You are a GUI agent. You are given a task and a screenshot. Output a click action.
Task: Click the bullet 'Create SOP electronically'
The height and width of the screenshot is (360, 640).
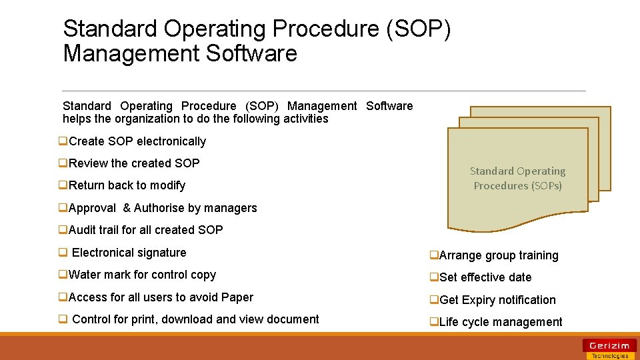coord(137,141)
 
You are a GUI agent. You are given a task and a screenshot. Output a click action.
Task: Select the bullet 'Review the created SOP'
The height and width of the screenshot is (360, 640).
coord(133,163)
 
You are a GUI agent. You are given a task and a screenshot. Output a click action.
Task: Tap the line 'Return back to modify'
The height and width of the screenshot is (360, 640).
coord(127,185)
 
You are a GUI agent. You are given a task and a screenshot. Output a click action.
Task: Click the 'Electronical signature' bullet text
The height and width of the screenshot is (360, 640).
coord(129,253)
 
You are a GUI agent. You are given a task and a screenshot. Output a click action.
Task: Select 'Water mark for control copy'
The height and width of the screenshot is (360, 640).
coord(142,275)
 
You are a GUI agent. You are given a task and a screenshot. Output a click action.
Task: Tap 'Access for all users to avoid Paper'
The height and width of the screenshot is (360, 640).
coord(160,297)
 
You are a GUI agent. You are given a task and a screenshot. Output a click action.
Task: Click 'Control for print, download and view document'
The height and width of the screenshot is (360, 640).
coord(195,319)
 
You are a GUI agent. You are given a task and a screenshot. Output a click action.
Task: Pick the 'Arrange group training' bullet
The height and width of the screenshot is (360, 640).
coord(499,255)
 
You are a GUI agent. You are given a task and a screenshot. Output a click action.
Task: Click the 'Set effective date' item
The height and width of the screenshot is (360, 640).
coord(485,277)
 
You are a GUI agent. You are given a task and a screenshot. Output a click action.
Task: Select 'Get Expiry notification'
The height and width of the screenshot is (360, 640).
coord(497,300)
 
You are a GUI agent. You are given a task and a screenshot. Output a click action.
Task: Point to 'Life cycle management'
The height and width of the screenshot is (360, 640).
coord(501,322)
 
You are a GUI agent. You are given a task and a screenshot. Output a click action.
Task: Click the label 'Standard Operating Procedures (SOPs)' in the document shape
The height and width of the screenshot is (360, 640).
coord(517,179)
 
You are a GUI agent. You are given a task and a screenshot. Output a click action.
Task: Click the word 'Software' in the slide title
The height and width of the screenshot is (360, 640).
coord(251,53)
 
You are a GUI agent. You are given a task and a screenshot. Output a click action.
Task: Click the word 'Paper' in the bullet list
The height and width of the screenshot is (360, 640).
coord(237,297)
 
